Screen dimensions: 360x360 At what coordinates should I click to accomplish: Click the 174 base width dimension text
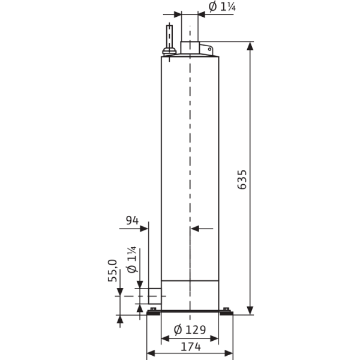point(189,346)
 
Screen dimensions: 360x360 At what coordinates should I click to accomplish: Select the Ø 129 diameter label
point(189,329)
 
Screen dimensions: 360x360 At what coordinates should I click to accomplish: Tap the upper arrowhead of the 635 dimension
point(250,46)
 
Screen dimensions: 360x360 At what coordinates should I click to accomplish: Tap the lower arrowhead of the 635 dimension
point(250,310)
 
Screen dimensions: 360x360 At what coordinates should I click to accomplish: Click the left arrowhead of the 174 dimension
point(151,353)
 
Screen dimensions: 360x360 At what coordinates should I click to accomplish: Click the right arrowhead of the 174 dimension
point(229,353)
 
